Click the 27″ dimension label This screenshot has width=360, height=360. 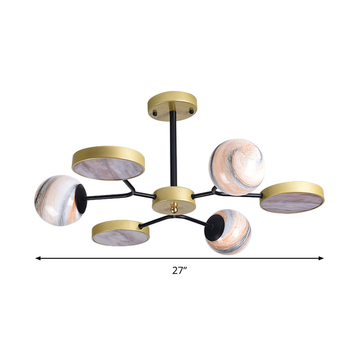tap(179, 270)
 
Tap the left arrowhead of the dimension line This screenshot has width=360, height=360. tap(38, 258)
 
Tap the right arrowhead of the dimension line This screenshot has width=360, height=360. tap(321, 258)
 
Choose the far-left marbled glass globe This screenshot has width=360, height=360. tap(58, 200)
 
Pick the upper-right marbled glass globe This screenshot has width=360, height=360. tap(237, 167)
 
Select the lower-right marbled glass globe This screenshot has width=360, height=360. tap(229, 231)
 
